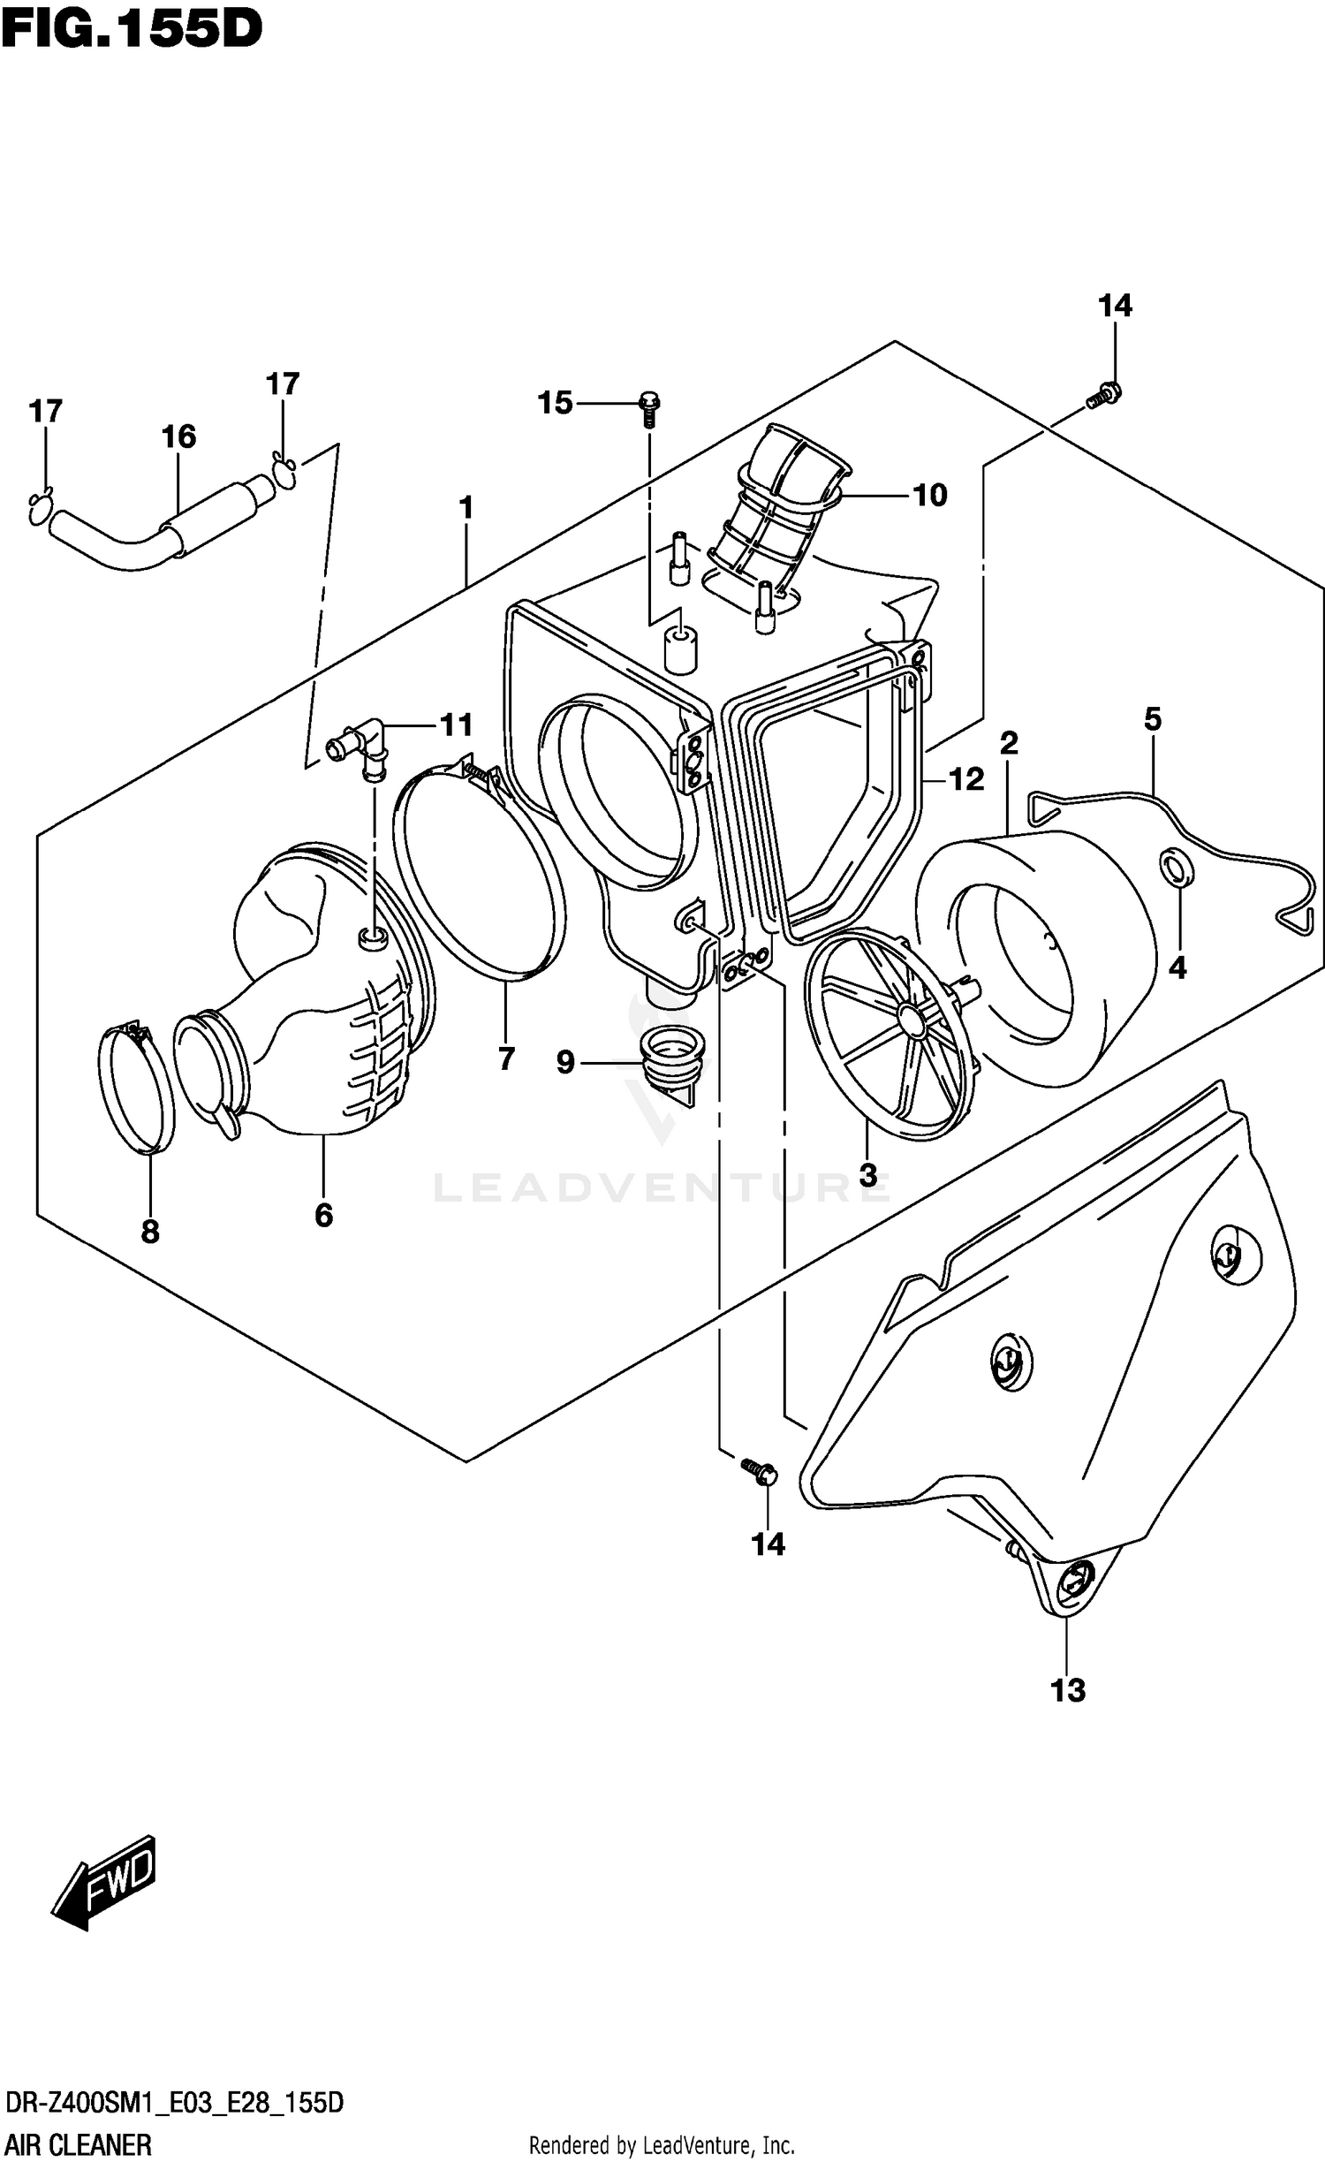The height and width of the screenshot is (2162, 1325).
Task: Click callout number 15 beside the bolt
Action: click(555, 404)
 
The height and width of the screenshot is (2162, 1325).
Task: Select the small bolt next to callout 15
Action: click(649, 408)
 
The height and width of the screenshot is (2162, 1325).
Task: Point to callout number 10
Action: click(929, 496)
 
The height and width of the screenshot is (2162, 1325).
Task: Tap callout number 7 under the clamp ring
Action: click(506, 1058)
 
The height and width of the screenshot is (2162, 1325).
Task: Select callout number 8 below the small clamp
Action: click(150, 1231)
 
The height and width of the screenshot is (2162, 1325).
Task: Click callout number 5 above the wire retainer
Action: click(1153, 719)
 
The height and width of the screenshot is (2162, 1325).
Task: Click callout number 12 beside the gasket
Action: click(966, 779)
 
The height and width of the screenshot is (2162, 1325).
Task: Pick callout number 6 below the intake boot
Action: click(323, 1216)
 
